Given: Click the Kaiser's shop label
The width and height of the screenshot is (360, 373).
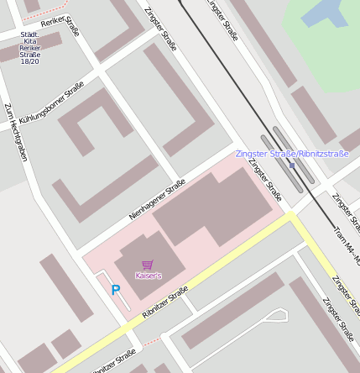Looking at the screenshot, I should pyautogui.click(x=148, y=276).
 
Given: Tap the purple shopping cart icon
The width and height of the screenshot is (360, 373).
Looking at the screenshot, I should pyautogui.click(x=148, y=265).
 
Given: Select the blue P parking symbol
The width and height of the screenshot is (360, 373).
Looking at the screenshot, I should pyautogui.click(x=116, y=290).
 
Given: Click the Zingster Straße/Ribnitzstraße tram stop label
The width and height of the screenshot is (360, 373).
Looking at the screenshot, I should pyautogui.click(x=292, y=154).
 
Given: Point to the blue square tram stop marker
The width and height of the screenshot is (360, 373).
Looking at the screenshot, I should pyautogui.click(x=292, y=165).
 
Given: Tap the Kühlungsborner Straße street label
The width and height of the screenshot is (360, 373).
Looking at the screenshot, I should pyautogui.click(x=52, y=103).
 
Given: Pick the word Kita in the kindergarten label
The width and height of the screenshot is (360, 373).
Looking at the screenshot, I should pyautogui.click(x=29, y=41).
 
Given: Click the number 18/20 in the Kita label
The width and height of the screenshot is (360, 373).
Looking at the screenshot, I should pyautogui.click(x=29, y=61).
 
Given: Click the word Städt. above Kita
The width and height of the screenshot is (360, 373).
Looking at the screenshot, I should pyautogui.click(x=29, y=34).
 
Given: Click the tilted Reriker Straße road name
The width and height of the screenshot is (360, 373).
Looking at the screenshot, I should pyautogui.click(x=66, y=28).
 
